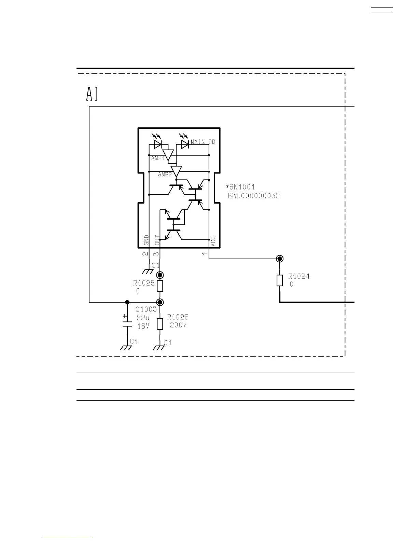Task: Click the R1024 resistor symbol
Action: coord(280,280)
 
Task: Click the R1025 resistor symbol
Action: coord(160,286)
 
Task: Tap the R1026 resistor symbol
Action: coord(160,324)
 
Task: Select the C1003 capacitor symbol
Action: coord(127,323)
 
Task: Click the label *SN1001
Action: coord(240,187)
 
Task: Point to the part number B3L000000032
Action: coord(253,196)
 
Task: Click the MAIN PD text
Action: coord(203,142)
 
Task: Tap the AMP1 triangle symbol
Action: coord(168,155)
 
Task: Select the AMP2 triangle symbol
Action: coord(176,171)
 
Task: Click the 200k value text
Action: coord(178,325)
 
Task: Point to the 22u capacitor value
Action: coord(143,318)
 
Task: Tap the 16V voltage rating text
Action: coord(143,326)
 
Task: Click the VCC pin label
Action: coord(213,241)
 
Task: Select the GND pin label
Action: coord(147,240)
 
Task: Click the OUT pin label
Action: coord(157,240)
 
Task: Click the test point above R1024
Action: coord(280,259)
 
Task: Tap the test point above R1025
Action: coord(160,275)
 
